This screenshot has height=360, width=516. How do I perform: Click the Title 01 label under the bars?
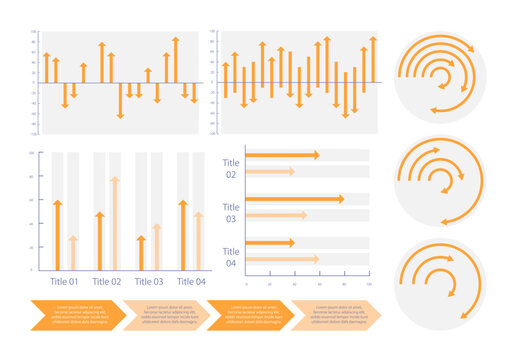pyautogui.click(x=65, y=282)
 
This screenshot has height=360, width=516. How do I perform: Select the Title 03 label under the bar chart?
pyautogui.click(x=149, y=282)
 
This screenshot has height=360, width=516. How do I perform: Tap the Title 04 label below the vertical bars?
pyautogui.click(x=191, y=282)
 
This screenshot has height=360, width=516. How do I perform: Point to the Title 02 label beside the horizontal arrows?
pyautogui.click(x=231, y=168)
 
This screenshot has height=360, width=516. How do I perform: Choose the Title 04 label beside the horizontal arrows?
pyautogui.click(x=231, y=257)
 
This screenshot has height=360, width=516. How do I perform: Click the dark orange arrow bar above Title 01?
pyautogui.click(x=58, y=235)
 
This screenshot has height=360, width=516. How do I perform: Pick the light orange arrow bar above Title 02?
pyautogui.click(x=115, y=223)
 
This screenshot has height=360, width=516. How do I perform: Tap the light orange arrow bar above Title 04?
pyautogui.click(x=198, y=241)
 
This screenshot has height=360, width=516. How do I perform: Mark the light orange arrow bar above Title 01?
pyautogui.click(x=73, y=253)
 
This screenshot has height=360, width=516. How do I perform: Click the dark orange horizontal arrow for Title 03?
pyautogui.click(x=295, y=199)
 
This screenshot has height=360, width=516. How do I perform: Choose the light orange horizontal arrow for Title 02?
pyautogui.click(x=270, y=172)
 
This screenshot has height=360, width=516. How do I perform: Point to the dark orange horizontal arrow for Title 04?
pyautogui.click(x=270, y=243)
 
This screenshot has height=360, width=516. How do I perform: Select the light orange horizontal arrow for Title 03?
pyautogui.click(x=276, y=215)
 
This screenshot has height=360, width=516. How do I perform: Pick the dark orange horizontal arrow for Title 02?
pyautogui.click(x=283, y=155)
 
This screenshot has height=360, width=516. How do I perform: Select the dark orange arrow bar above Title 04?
pyautogui.click(x=183, y=235)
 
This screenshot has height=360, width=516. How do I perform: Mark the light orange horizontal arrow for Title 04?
pyautogui.click(x=283, y=259)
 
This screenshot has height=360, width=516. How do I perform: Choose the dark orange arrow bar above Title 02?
pyautogui.click(x=100, y=241)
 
